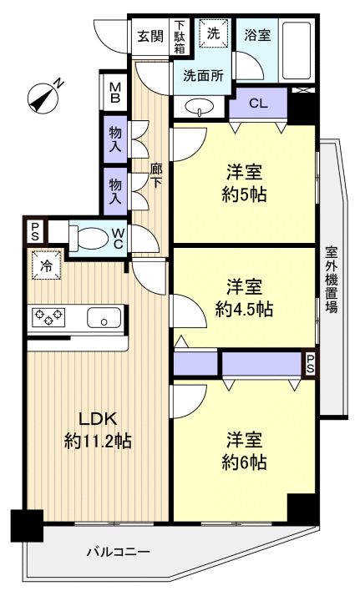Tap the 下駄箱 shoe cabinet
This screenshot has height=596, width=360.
(180, 37)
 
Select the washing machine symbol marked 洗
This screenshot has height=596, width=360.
(213, 34)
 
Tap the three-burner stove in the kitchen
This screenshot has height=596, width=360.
(48, 317)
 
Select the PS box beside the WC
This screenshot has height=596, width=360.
(35, 231)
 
